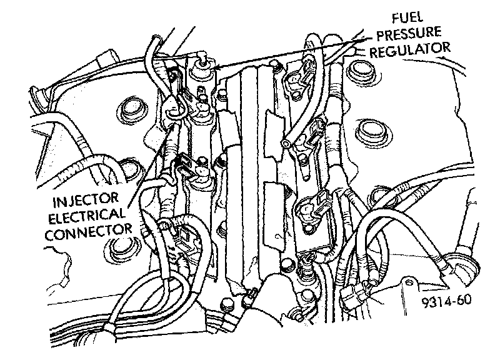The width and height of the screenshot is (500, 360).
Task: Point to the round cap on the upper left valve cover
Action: (x=132, y=107)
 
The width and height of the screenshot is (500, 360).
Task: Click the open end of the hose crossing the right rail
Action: (x=285, y=144)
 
